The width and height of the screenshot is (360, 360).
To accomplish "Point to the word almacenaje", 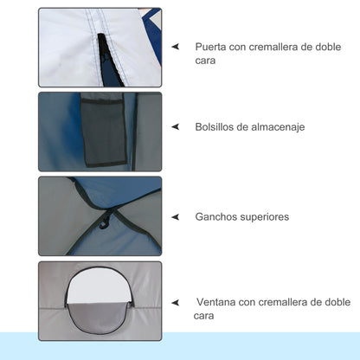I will click(x=276, y=126).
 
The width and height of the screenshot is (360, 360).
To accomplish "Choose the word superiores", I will click(x=268, y=215).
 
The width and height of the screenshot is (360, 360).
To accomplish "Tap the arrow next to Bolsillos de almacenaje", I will click(x=176, y=126).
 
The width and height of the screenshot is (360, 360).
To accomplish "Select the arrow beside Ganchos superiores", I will click(x=176, y=215).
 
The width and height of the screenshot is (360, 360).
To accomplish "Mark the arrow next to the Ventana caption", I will click(x=176, y=303).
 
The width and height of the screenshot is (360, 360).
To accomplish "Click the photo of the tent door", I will click(x=100, y=47).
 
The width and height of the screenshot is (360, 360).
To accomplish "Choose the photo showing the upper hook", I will click(x=100, y=216).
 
